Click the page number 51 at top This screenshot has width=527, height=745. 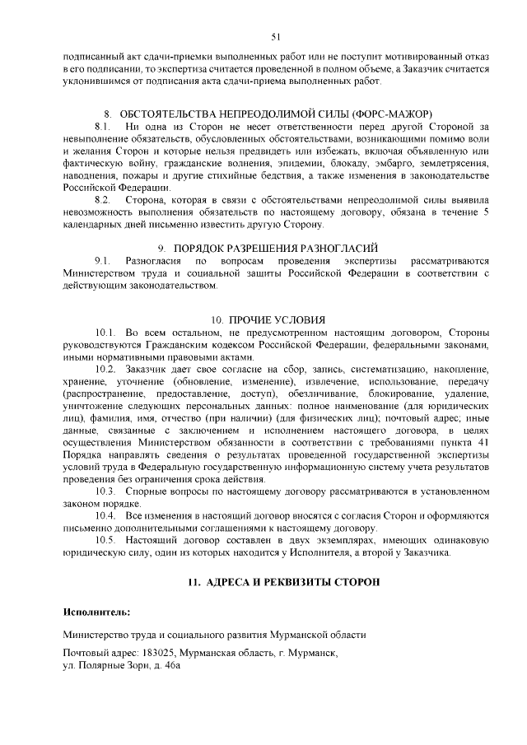275,36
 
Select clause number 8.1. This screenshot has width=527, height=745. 103,126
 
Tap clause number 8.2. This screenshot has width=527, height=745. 103,200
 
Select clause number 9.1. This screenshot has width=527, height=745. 103,260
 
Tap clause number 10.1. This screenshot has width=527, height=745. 106,333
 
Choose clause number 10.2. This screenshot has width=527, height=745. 106,370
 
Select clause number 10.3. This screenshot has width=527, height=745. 106,491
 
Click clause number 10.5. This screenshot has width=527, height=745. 106,540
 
